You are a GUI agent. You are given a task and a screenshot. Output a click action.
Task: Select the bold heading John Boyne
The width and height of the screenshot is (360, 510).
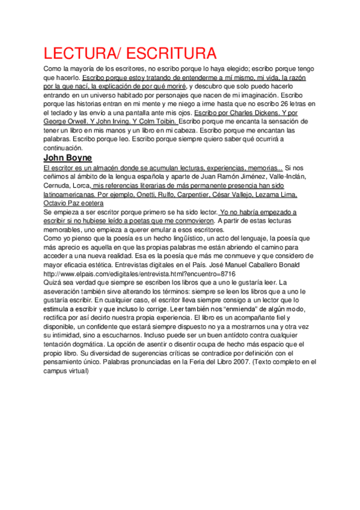[x=68, y=158]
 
